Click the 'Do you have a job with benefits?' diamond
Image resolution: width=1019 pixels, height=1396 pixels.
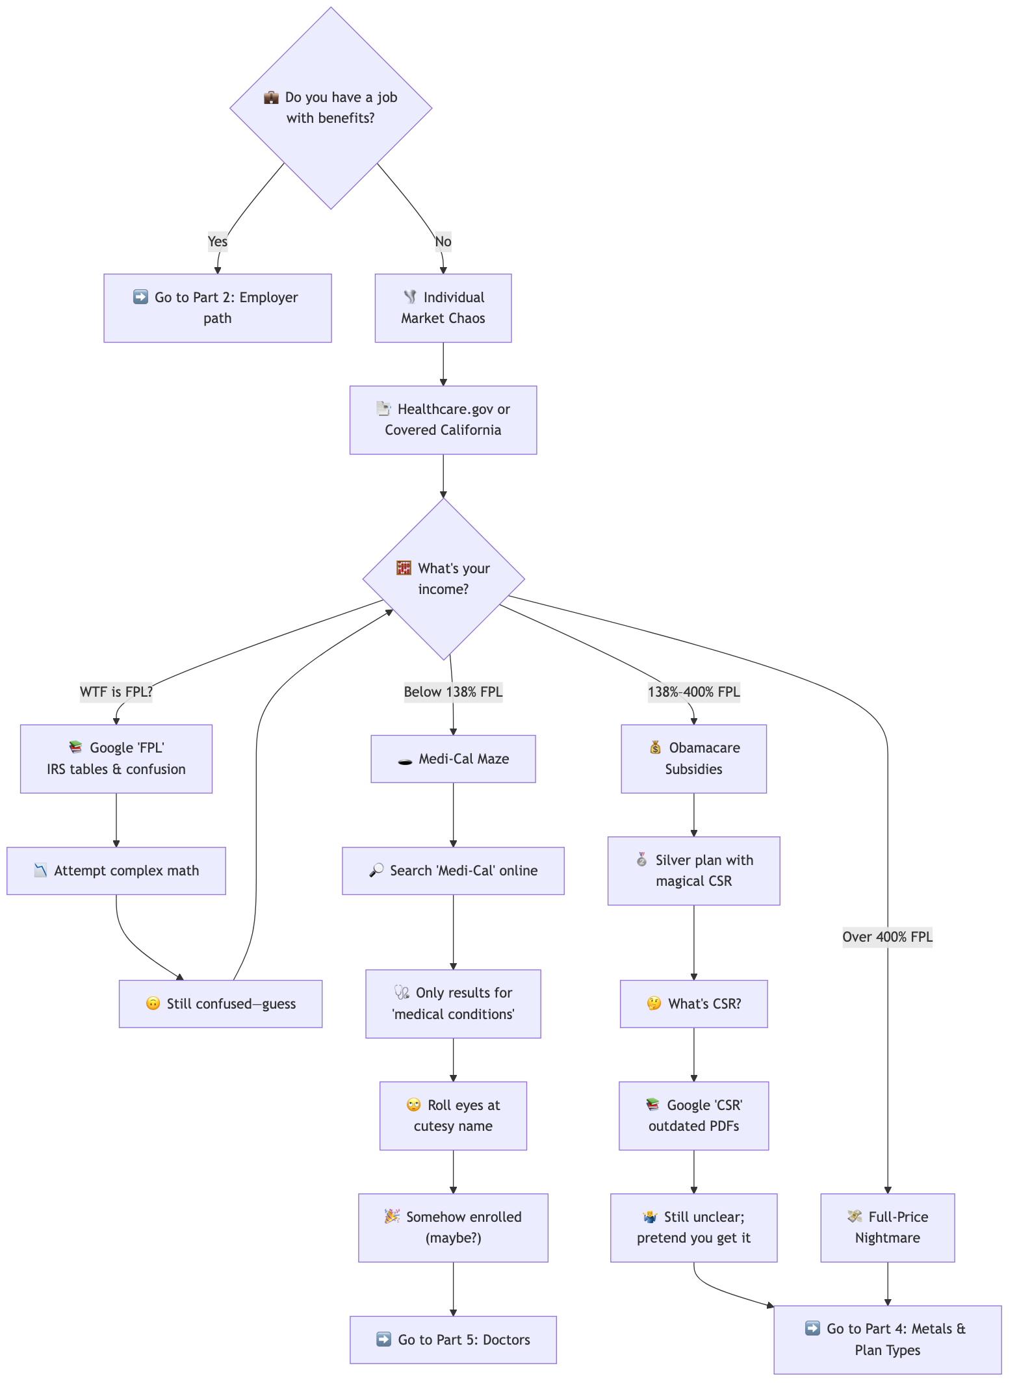[331, 108]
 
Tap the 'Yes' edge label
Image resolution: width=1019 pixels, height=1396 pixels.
[218, 242]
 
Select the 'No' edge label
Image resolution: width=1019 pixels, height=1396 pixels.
[443, 242]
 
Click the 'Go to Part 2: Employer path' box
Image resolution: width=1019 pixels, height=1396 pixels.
[218, 308]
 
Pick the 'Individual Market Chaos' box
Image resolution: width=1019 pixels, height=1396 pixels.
[443, 308]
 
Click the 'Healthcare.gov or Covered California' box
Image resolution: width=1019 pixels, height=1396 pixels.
[443, 420]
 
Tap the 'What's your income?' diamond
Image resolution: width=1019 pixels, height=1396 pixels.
[443, 578]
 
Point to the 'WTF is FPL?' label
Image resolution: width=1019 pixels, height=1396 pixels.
[116, 692]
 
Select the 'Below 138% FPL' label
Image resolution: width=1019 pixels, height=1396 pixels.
[453, 692]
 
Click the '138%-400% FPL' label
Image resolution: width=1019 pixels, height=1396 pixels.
[694, 692]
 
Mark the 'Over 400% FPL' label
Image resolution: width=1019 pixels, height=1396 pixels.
[887, 937]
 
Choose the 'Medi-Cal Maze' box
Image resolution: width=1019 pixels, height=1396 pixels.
[453, 759]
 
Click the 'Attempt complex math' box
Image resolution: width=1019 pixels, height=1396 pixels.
[116, 871]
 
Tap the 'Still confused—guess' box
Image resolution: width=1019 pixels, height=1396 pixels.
[220, 1003]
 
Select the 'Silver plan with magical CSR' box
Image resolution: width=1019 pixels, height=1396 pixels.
[694, 871]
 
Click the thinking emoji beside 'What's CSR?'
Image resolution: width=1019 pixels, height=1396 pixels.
[654, 1003]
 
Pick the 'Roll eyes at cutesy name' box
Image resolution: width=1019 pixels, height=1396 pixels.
[453, 1116]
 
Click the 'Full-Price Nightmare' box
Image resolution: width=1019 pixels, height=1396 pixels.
[887, 1228]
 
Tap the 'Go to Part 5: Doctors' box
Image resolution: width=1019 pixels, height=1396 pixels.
[453, 1339]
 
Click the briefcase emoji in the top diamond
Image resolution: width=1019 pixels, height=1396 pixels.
[271, 97]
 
